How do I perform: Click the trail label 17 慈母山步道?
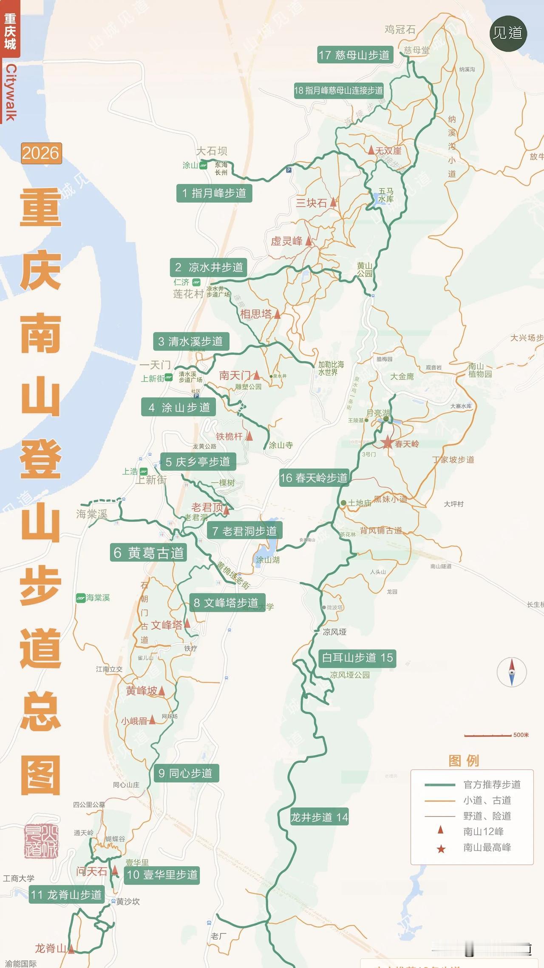(x=354, y=55)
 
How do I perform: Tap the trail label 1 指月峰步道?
(x=214, y=193)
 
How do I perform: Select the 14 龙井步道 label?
(x=319, y=817)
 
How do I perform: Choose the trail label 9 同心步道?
(x=185, y=773)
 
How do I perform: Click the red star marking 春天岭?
(x=387, y=443)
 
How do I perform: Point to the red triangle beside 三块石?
(x=334, y=203)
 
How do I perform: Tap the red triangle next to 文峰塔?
(x=187, y=624)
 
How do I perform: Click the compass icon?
(x=512, y=672)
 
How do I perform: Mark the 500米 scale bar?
(x=487, y=735)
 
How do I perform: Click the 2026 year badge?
(x=41, y=153)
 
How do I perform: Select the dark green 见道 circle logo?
(x=508, y=33)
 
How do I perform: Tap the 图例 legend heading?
(x=464, y=760)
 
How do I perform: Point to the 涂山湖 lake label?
(x=267, y=560)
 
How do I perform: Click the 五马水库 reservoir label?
(x=386, y=195)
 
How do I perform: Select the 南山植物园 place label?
(x=480, y=370)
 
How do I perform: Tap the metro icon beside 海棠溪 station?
(x=81, y=598)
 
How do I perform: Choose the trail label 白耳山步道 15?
(x=357, y=657)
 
